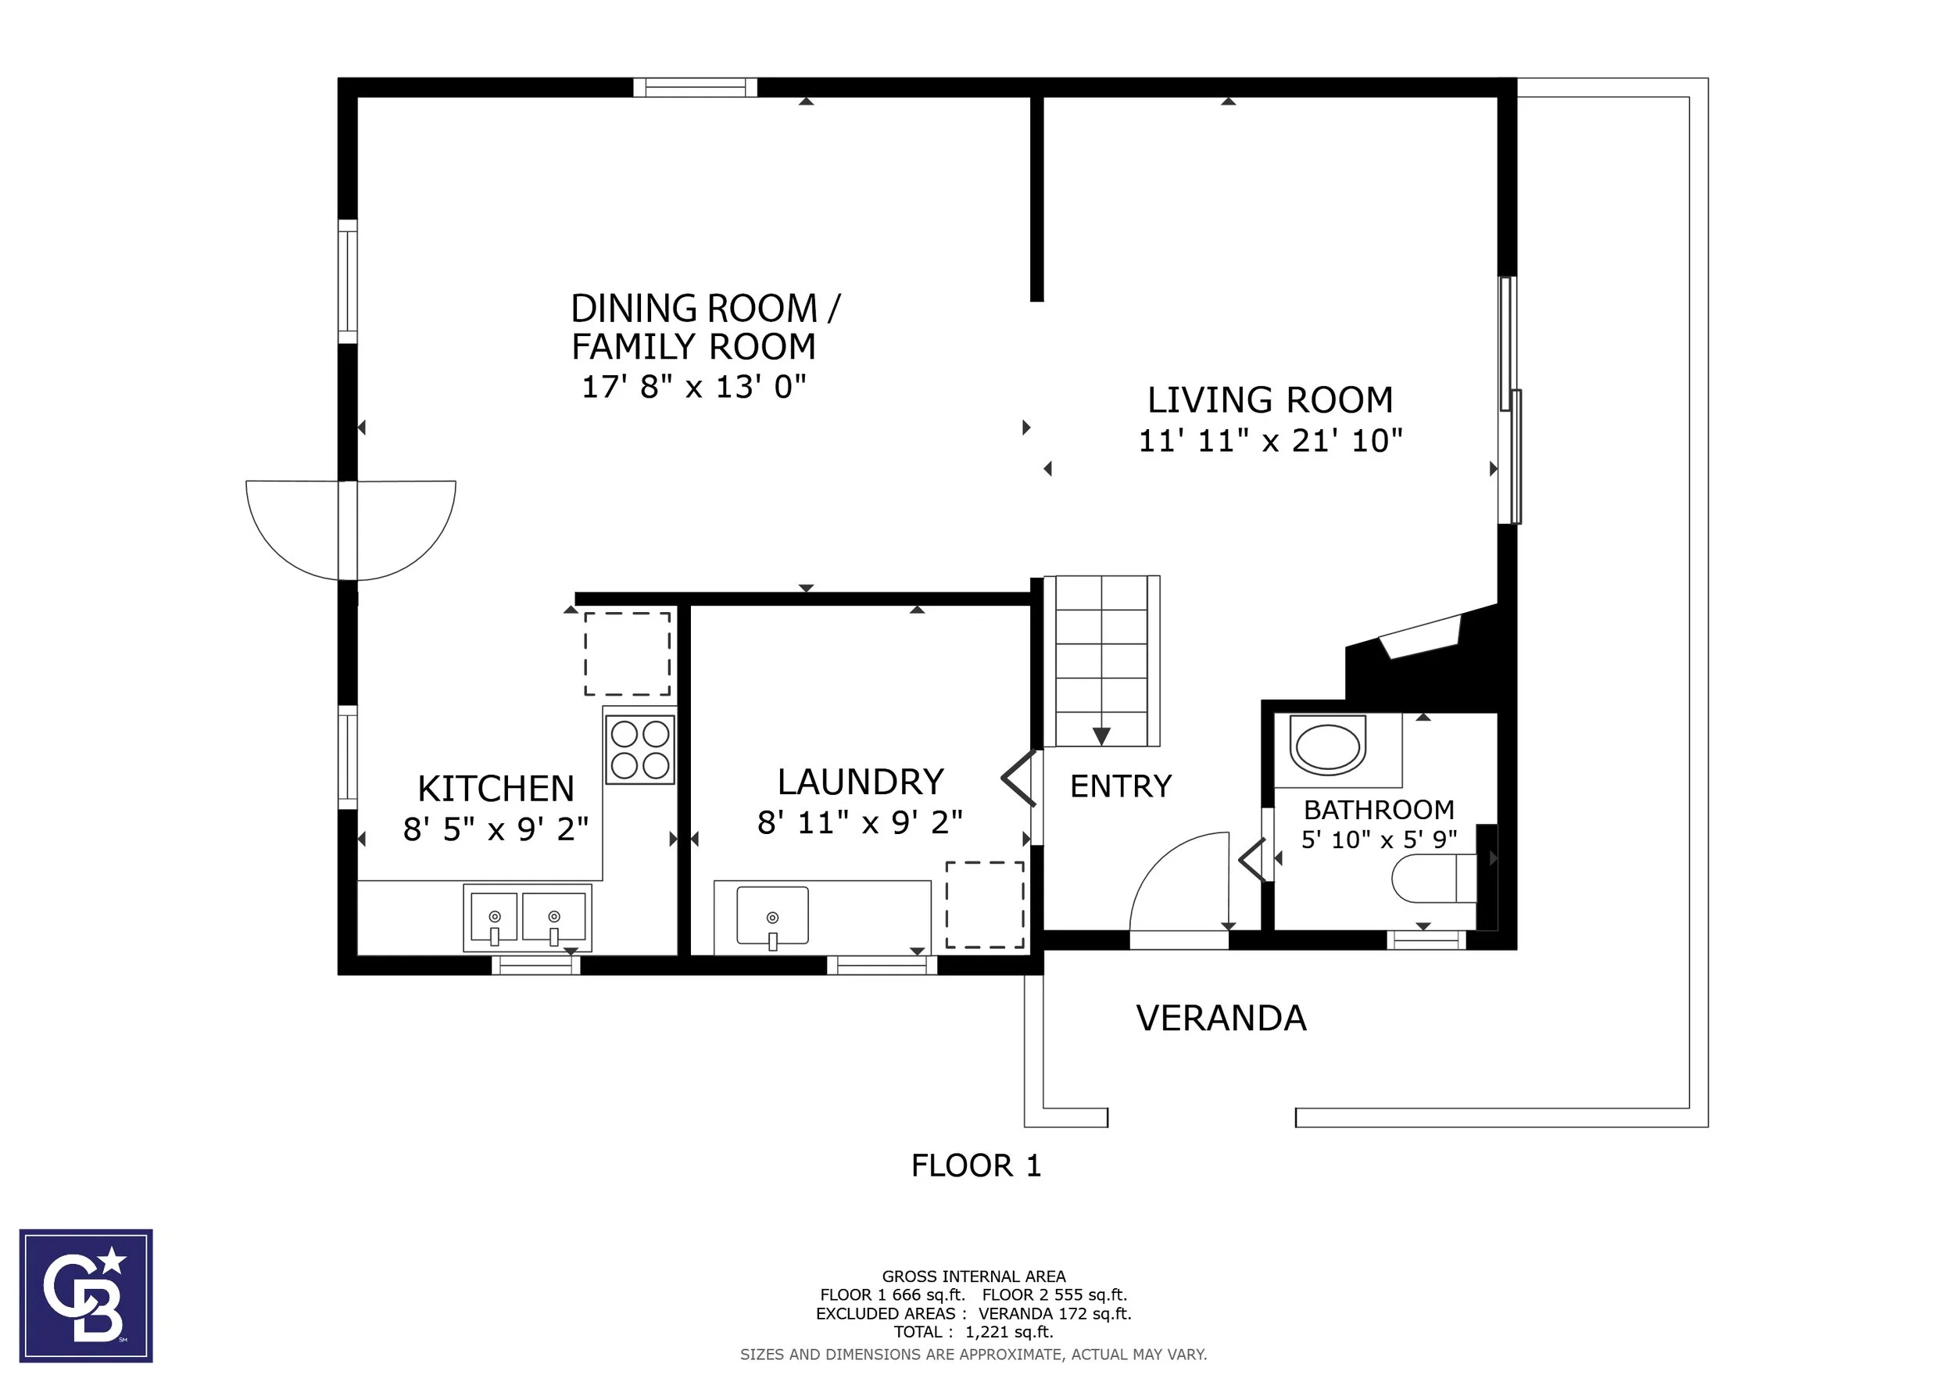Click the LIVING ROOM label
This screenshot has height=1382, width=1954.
(x=1270, y=400)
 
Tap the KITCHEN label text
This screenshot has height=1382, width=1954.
(x=496, y=789)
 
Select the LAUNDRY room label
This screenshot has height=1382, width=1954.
(x=861, y=782)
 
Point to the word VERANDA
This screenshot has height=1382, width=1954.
(x=1221, y=1019)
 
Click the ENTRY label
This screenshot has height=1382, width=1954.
(x=1121, y=786)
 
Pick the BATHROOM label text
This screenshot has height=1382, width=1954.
(x=1379, y=809)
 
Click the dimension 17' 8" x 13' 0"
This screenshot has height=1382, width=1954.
(x=693, y=386)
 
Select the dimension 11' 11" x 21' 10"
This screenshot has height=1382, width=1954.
(x=1270, y=441)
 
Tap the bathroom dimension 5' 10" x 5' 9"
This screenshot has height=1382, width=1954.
(x=1379, y=840)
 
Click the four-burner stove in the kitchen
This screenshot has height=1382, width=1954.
(x=640, y=749)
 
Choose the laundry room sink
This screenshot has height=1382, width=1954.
(x=772, y=915)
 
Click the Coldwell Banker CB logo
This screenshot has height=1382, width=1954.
(x=86, y=1295)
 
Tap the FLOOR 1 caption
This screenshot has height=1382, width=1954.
(x=976, y=1165)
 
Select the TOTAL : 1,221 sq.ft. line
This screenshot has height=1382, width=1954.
(x=974, y=1332)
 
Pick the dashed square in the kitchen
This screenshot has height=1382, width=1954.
(x=627, y=653)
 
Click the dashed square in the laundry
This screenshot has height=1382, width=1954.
(x=985, y=904)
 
